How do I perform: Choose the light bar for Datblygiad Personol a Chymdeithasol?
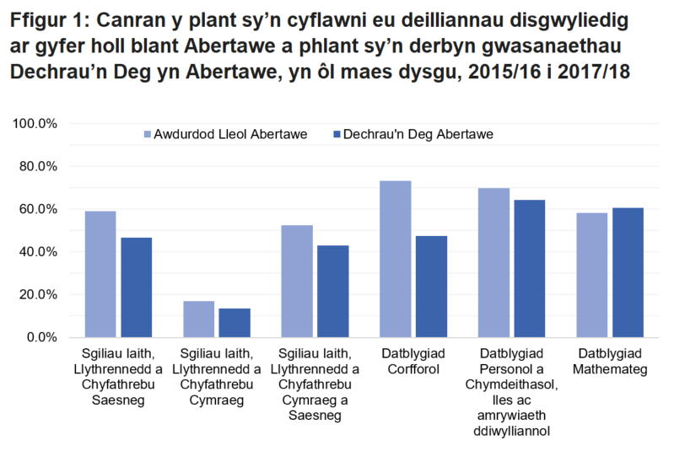493,262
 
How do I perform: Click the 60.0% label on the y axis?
39,209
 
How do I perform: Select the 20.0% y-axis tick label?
39,295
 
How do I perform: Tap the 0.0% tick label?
42,337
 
